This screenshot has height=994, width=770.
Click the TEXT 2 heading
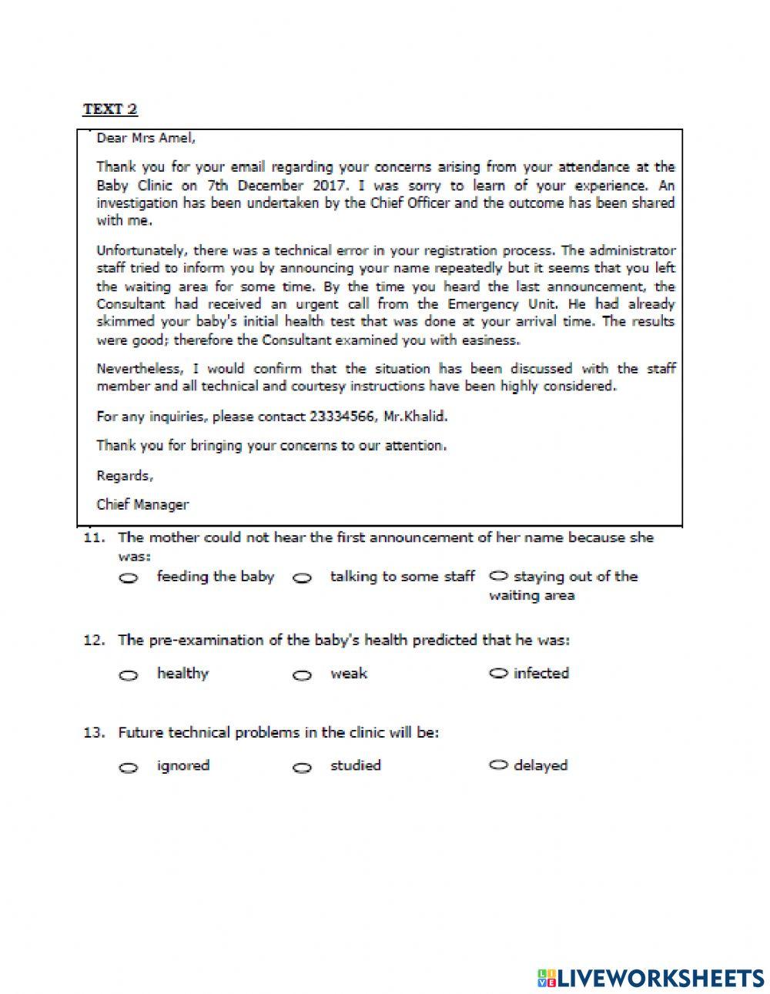pyautogui.click(x=109, y=109)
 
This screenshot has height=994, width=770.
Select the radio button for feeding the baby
pyautogui.click(x=129, y=578)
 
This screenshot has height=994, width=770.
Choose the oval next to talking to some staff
pyautogui.click(x=303, y=578)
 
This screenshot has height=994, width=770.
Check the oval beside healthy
pyautogui.click(x=129, y=675)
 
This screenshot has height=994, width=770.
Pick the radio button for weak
pyautogui.click(x=303, y=675)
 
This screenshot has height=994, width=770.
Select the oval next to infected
pyautogui.click(x=499, y=673)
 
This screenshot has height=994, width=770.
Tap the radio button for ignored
pyautogui.click(x=129, y=768)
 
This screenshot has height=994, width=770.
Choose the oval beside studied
pyautogui.click(x=303, y=768)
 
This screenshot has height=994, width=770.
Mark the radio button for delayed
pyautogui.click(x=499, y=765)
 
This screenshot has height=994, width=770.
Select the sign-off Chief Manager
pyautogui.click(x=142, y=504)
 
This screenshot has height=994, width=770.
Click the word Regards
pyautogui.click(x=124, y=475)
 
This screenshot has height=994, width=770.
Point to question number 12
pyautogui.click(x=93, y=640)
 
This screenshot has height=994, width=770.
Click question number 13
pyautogui.click(x=93, y=732)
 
